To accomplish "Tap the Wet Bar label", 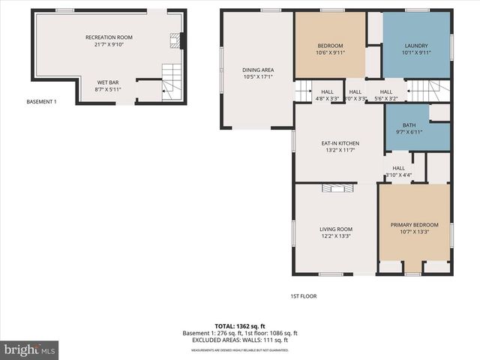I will [108, 85].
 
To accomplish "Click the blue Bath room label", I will [408, 128].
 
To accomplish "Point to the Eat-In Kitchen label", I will [340, 146].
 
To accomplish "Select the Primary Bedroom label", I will [414, 228].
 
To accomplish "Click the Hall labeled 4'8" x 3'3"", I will [327, 94].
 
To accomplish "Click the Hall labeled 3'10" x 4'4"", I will [398, 171].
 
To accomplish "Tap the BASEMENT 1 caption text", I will [41, 101].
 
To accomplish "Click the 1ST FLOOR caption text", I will [304, 295].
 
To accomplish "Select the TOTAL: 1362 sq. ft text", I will [240, 326].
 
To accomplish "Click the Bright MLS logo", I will [30, 349].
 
